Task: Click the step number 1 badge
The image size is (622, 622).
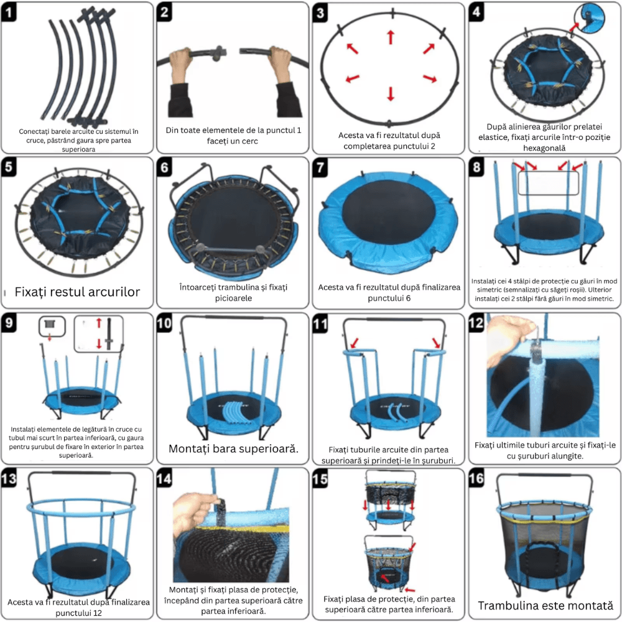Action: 9,12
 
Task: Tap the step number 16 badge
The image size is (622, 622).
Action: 476,478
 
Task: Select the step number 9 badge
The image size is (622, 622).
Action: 9,322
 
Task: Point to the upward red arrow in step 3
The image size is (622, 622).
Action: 391,37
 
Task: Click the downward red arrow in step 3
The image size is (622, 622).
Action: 391,94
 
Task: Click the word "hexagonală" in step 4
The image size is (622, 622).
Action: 544,148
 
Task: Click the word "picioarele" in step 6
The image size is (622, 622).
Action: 233,298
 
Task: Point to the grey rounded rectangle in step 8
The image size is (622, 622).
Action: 548,183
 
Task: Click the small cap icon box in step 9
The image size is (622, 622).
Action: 52,327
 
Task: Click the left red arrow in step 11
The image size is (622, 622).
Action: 354,343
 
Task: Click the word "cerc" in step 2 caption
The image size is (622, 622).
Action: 249,141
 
